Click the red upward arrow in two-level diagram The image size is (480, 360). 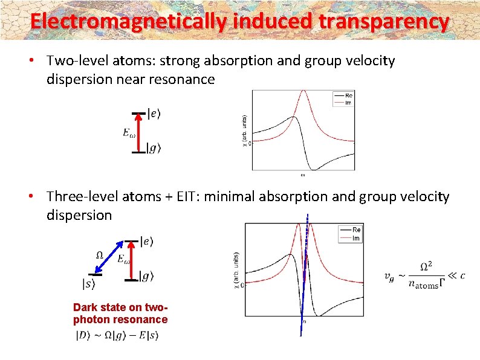138,132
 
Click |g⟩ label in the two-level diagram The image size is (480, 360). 155,148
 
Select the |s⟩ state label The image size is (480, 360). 89,283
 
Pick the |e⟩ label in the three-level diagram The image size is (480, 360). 147,242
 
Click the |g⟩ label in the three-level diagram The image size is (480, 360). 146,277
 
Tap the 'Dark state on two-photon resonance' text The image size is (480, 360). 120,313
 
